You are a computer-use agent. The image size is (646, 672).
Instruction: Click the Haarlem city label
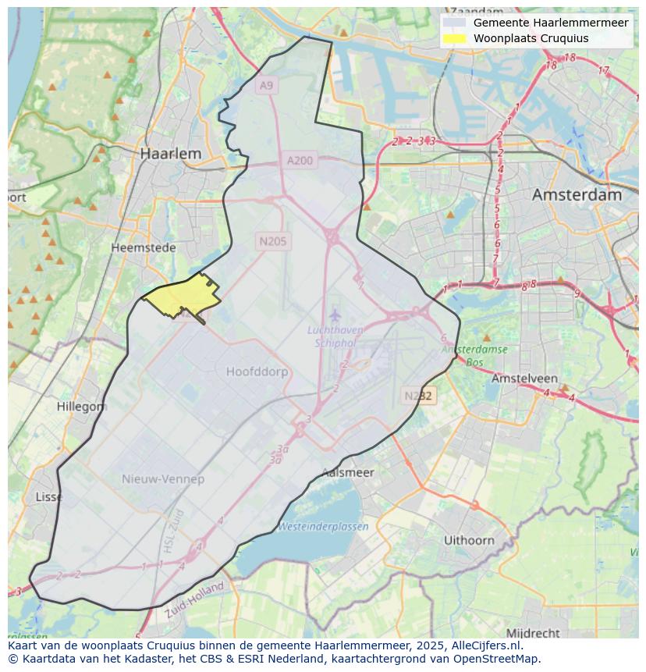pos(170,154)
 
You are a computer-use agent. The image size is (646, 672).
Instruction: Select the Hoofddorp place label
pos(257,372)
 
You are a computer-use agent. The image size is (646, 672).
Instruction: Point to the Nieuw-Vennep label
pos(162,478)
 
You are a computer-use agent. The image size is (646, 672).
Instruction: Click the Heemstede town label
pos(143,247)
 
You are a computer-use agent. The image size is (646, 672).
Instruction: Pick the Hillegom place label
pos(81,407)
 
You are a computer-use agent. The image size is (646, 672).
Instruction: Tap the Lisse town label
pos(49,497)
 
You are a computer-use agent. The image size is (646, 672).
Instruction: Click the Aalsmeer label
pos(348,472)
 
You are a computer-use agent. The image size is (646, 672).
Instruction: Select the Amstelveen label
pos(524,379)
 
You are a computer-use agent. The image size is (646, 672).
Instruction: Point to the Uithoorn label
pos(469,540)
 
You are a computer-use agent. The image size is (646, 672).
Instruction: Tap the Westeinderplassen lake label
pos(323,527)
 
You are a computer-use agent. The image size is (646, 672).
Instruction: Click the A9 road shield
pos(267,85)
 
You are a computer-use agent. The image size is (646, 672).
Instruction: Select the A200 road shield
pos(300,161)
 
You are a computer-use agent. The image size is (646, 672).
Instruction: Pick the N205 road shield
pos(273,241)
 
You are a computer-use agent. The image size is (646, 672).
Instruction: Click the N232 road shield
pos(418,396)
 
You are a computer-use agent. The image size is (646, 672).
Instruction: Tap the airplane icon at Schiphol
pos(335,315)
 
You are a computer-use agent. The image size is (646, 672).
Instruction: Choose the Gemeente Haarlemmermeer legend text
pos(550,23)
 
